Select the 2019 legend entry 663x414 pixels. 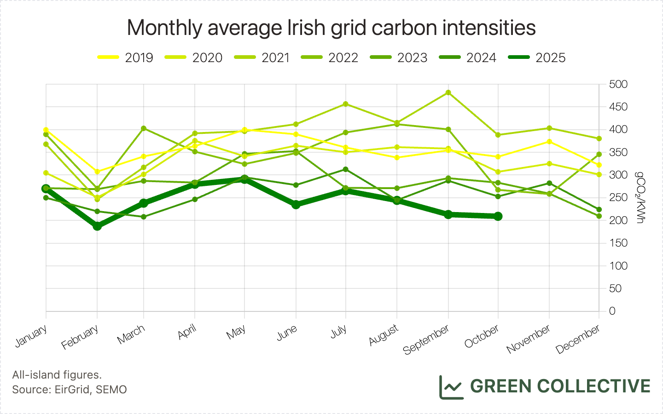pos(125,57)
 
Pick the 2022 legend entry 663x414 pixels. pos(329,57)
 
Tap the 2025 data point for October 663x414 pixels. pos(498,216)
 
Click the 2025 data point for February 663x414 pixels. pos(97,226)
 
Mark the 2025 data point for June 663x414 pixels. pos(296,205)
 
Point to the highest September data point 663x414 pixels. pos(448,92)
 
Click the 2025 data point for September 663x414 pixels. pos(448,214)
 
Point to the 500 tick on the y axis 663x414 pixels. pos(618,84)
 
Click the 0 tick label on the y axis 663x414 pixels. pos(612,311)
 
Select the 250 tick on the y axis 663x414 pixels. pos(618,198)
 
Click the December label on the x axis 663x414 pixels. pos(578,339)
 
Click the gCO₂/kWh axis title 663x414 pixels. pos(640,197)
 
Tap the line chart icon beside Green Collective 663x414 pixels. pos(451,387)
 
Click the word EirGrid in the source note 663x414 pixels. pos(72,390)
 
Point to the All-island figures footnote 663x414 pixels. pos(57,375)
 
